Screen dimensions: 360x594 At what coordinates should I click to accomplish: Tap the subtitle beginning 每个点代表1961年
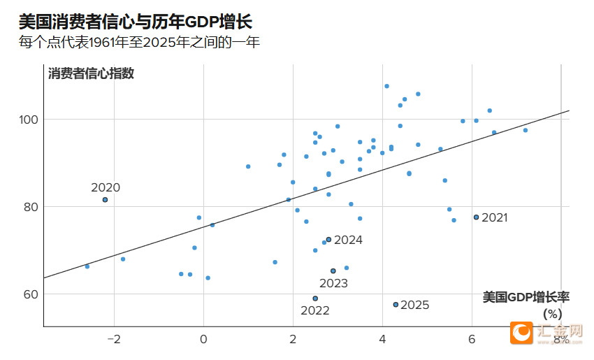tap(139, 43)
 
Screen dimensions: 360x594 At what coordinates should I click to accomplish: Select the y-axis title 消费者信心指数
tap(91, 73)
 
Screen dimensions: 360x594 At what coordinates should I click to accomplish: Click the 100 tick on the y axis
tap(27, 120)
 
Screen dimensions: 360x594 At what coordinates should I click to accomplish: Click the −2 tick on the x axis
tap(112, 340)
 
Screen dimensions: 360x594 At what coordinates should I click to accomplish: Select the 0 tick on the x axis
tap(204, 340)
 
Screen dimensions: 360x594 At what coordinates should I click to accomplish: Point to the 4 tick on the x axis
tap(382, 340)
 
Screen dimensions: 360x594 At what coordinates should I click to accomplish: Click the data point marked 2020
tap(105, 200)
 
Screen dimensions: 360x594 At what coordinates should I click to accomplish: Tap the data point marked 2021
tap(476, 217)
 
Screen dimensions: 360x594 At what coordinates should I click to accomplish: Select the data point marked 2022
tap(315, 298)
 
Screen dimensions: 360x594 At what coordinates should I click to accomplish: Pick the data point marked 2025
tap(396, 305)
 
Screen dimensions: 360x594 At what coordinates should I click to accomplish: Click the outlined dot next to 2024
tap(328, 240)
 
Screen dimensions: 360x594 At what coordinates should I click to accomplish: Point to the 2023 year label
tap(333, 283)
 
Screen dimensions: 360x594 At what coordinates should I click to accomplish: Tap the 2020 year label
tap(106, 187)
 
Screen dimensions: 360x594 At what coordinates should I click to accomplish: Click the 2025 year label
tap(415, 305)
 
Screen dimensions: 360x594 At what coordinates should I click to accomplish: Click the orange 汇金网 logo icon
tap(521, 333)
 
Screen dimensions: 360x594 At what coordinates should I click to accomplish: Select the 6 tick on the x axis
tap(472, 340)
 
